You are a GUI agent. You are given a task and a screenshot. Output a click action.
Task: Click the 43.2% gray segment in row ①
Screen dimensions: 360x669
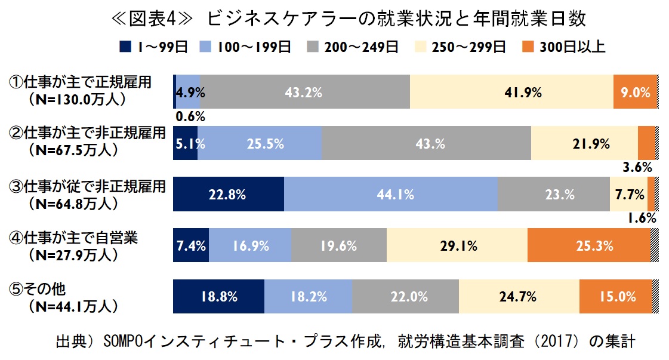[x=305, y=92]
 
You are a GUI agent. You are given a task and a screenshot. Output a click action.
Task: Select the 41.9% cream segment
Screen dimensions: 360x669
[x=511, y=92]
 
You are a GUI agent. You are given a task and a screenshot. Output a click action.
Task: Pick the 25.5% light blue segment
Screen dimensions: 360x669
[x=259, y=143]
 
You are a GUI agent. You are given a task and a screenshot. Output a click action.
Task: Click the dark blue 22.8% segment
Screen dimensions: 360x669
[x=228, y=194]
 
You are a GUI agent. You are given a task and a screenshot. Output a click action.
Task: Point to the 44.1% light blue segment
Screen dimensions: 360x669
[x=391, y=194]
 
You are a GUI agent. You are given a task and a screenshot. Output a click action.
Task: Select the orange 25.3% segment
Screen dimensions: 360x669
[x=588, y=245]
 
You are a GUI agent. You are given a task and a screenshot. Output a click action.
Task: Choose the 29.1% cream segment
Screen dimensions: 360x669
[x=457, y=245]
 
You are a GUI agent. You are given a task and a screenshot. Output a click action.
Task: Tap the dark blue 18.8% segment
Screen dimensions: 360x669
[x=218, y=296]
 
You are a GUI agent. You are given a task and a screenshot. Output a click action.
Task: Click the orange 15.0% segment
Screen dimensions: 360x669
[x=615, y=296]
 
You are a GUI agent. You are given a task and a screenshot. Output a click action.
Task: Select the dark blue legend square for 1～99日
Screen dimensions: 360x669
[x=125, y=47]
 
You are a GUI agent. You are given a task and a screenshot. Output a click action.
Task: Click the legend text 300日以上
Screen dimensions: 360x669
[x=571, y=47]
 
